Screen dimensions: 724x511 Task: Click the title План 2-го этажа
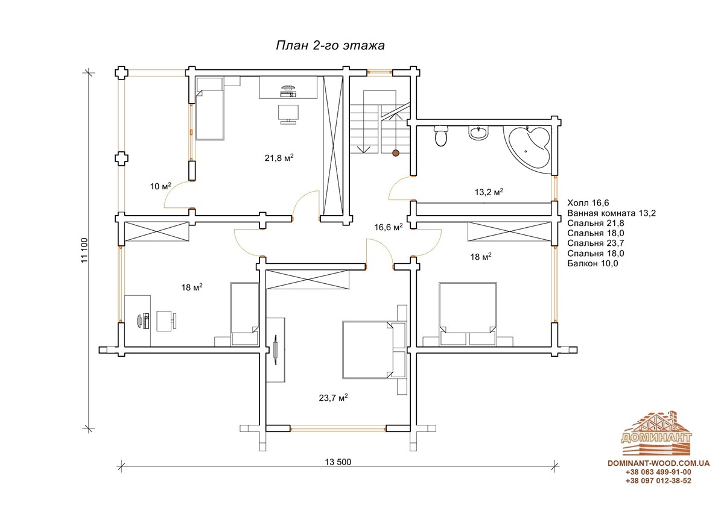coord(330,46)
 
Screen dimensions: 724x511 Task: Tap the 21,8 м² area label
coord(279,157)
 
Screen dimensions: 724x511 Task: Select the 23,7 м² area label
coord(333,397)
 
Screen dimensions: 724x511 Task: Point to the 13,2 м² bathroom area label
coord(489,192)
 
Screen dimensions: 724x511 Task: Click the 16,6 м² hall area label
coord(389,227)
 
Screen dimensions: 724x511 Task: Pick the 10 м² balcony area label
coord(160,186)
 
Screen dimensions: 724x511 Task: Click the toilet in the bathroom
coord(441,136)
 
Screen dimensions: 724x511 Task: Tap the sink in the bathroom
coord(478,133)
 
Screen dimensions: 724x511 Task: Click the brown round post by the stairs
coord(396,153)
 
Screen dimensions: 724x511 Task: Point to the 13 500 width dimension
coord(338,462)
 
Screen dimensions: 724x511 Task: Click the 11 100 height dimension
coord(84,250)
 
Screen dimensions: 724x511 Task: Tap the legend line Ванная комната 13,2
coord(612,213)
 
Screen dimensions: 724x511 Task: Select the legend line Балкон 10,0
coord(592,263)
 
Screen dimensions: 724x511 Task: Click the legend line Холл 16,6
coord(588,202)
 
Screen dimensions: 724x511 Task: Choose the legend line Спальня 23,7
coord(595,243)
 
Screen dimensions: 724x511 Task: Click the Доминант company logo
coord(657,433)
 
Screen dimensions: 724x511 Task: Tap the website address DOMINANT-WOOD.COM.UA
coord(659,463)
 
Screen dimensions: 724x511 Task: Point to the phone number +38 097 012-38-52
coord(658,481)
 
